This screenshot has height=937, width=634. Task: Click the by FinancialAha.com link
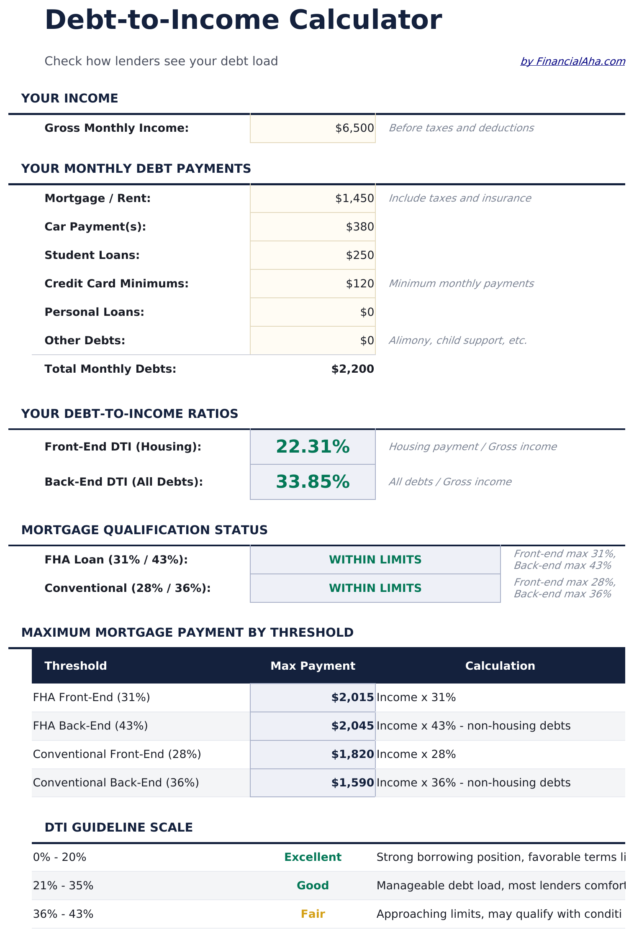point(572,61)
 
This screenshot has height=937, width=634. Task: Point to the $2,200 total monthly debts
point(352,369)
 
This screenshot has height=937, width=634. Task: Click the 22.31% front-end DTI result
point(313,447)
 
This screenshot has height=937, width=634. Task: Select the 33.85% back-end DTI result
point(313,482)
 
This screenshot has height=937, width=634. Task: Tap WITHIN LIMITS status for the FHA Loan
point(375,560)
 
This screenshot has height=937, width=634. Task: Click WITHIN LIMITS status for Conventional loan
point(375,588)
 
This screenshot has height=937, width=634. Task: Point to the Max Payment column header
point(313,666)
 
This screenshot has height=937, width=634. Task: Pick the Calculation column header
point(500,666)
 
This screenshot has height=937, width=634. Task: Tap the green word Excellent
point(313,857)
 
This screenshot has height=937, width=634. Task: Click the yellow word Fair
point(313,914)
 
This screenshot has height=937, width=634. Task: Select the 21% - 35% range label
point(63,886)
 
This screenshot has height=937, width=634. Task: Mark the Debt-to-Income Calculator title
point(243,20)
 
